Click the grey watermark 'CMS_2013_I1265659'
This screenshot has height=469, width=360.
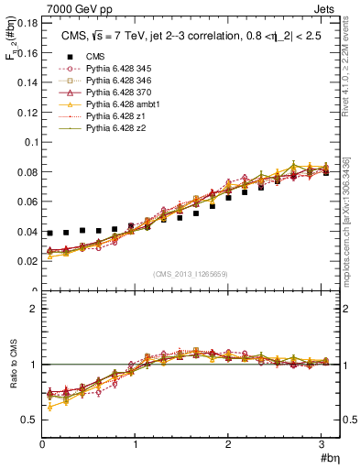pos(191,274)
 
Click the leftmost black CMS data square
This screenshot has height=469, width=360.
pos(50,234)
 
